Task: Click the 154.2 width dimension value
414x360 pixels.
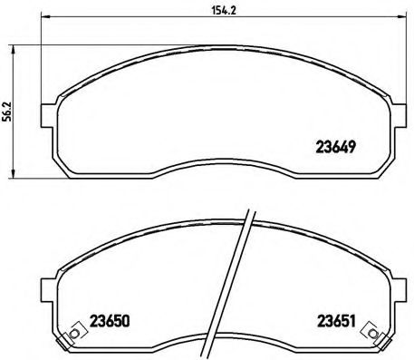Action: [217, 12]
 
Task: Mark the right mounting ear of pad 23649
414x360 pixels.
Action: [400, 115]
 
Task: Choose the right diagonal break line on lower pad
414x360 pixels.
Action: [245, 286]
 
